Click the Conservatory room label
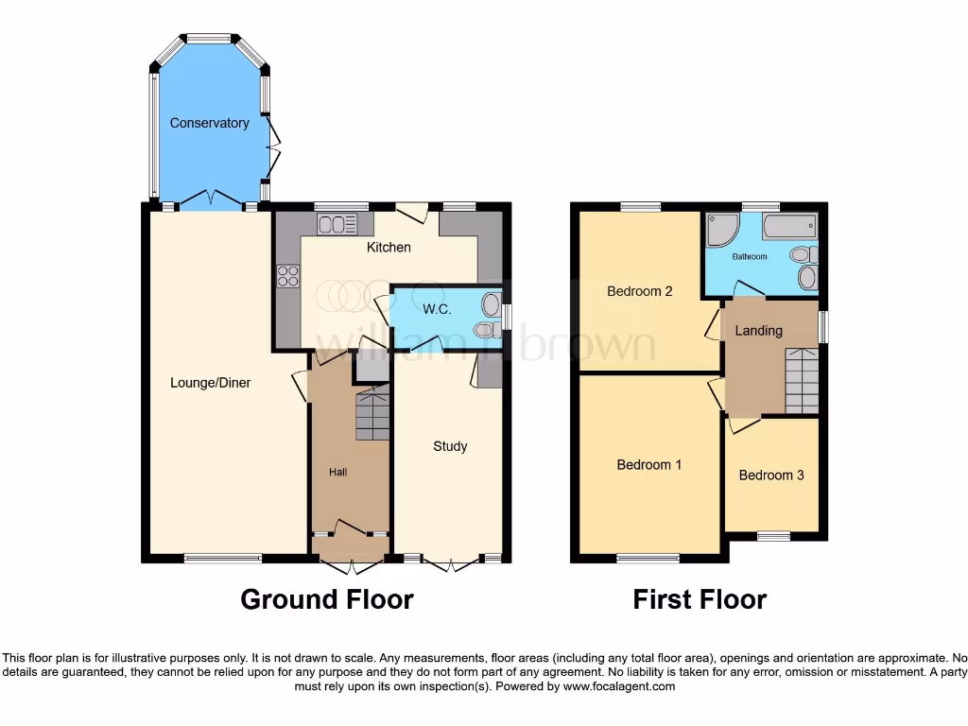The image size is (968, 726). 209,123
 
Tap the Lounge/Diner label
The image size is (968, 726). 210,383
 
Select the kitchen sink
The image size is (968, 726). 337,224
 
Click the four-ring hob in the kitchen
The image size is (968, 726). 287,276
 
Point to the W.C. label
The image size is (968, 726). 437,309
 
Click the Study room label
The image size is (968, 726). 450,446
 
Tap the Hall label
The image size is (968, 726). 337,472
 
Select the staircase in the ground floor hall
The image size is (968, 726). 372,413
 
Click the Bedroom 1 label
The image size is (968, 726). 649,465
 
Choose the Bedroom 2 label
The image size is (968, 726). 640,291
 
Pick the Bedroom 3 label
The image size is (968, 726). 771,475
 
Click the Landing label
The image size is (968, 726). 758,331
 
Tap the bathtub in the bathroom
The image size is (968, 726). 788,227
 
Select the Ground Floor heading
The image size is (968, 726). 326,599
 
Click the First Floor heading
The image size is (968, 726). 700,599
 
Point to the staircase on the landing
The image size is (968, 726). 802,380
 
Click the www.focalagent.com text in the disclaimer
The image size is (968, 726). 619,686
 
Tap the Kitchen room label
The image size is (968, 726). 389,248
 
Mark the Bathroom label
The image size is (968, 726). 750,256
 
